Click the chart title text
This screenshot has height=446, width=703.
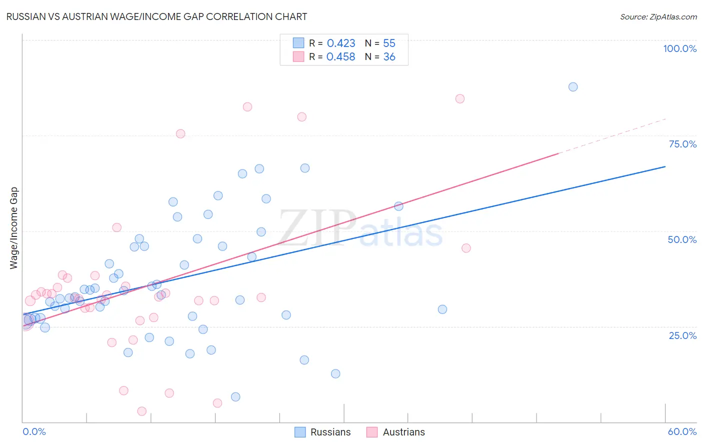(x=156, y=16)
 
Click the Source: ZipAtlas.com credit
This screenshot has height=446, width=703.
(x=658, y=16)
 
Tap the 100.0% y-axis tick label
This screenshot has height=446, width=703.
(x=679, y=48)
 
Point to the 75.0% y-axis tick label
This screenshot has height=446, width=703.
(x=682, y=144)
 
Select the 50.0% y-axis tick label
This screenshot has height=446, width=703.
(x=682, y=239)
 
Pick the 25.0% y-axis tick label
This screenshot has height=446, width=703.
(x=682, y=335)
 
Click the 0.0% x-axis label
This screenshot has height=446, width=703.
(x=34, y=431)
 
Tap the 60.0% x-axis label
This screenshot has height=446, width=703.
(x=682, y=431)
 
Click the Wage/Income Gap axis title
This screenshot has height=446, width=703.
(x=14, y=228)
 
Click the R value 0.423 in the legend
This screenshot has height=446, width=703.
(x=341, y=43)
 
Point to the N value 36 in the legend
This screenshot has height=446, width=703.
(x=389, y=57)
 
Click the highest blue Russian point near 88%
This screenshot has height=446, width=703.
(x=573, y=87)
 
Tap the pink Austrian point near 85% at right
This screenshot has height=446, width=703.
(x=460, y=98)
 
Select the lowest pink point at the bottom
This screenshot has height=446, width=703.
(x=142, y=411)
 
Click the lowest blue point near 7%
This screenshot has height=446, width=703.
(x=235, y=396)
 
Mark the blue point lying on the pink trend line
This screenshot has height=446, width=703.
(x=398, y=206)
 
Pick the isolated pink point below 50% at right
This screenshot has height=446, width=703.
(x=466, y=248)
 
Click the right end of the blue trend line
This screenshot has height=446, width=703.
(x=665, y=166)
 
